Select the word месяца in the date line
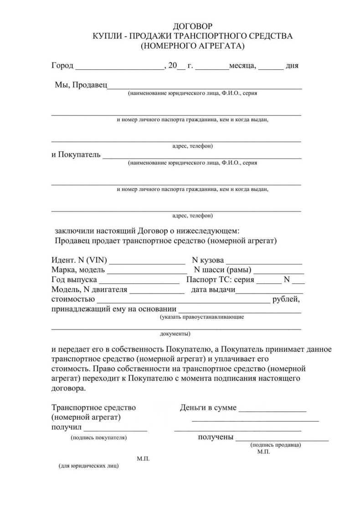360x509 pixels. pos(242,66)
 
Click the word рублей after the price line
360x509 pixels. pos(286,299)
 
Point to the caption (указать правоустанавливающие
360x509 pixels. pos(202,316)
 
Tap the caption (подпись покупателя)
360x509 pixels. pos(98,437)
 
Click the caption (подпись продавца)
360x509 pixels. pos(276,445)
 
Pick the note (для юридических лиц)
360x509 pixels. pos(88,467)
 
